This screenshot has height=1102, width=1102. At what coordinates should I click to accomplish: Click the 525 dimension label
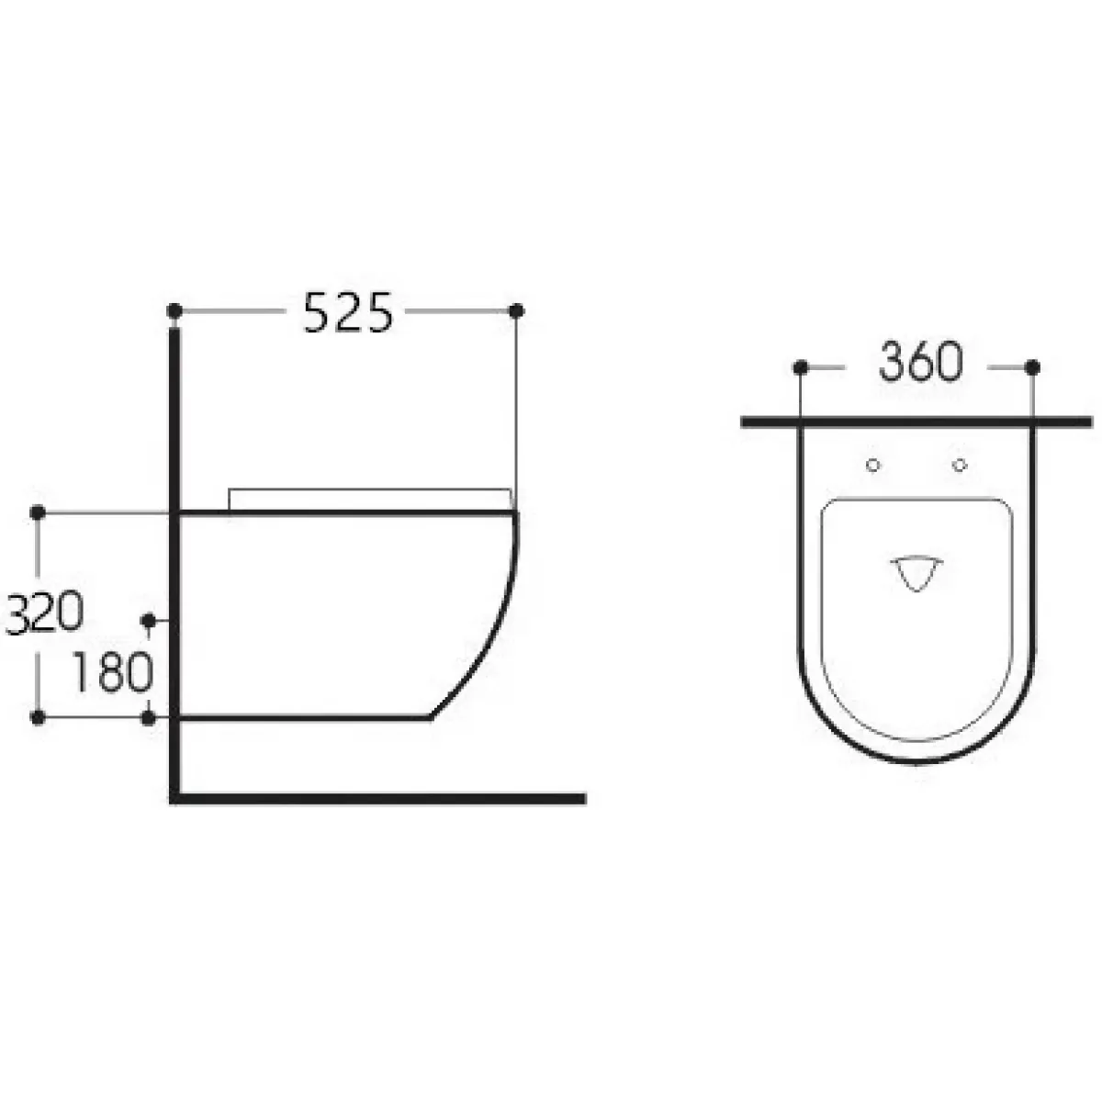click(348, 312)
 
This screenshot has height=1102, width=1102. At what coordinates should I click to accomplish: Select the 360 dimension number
click(921, 362)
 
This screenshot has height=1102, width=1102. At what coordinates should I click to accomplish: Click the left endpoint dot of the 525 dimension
click(175, 311)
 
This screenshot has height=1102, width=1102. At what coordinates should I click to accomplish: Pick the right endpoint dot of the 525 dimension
click(516, 311)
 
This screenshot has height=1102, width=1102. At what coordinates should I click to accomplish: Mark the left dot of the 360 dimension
click(801, 367)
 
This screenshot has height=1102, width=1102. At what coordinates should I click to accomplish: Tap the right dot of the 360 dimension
click(1032, 367)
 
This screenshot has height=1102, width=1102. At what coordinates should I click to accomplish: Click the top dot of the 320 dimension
click(38, 513)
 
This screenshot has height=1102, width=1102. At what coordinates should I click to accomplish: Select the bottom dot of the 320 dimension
click(38, 717)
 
